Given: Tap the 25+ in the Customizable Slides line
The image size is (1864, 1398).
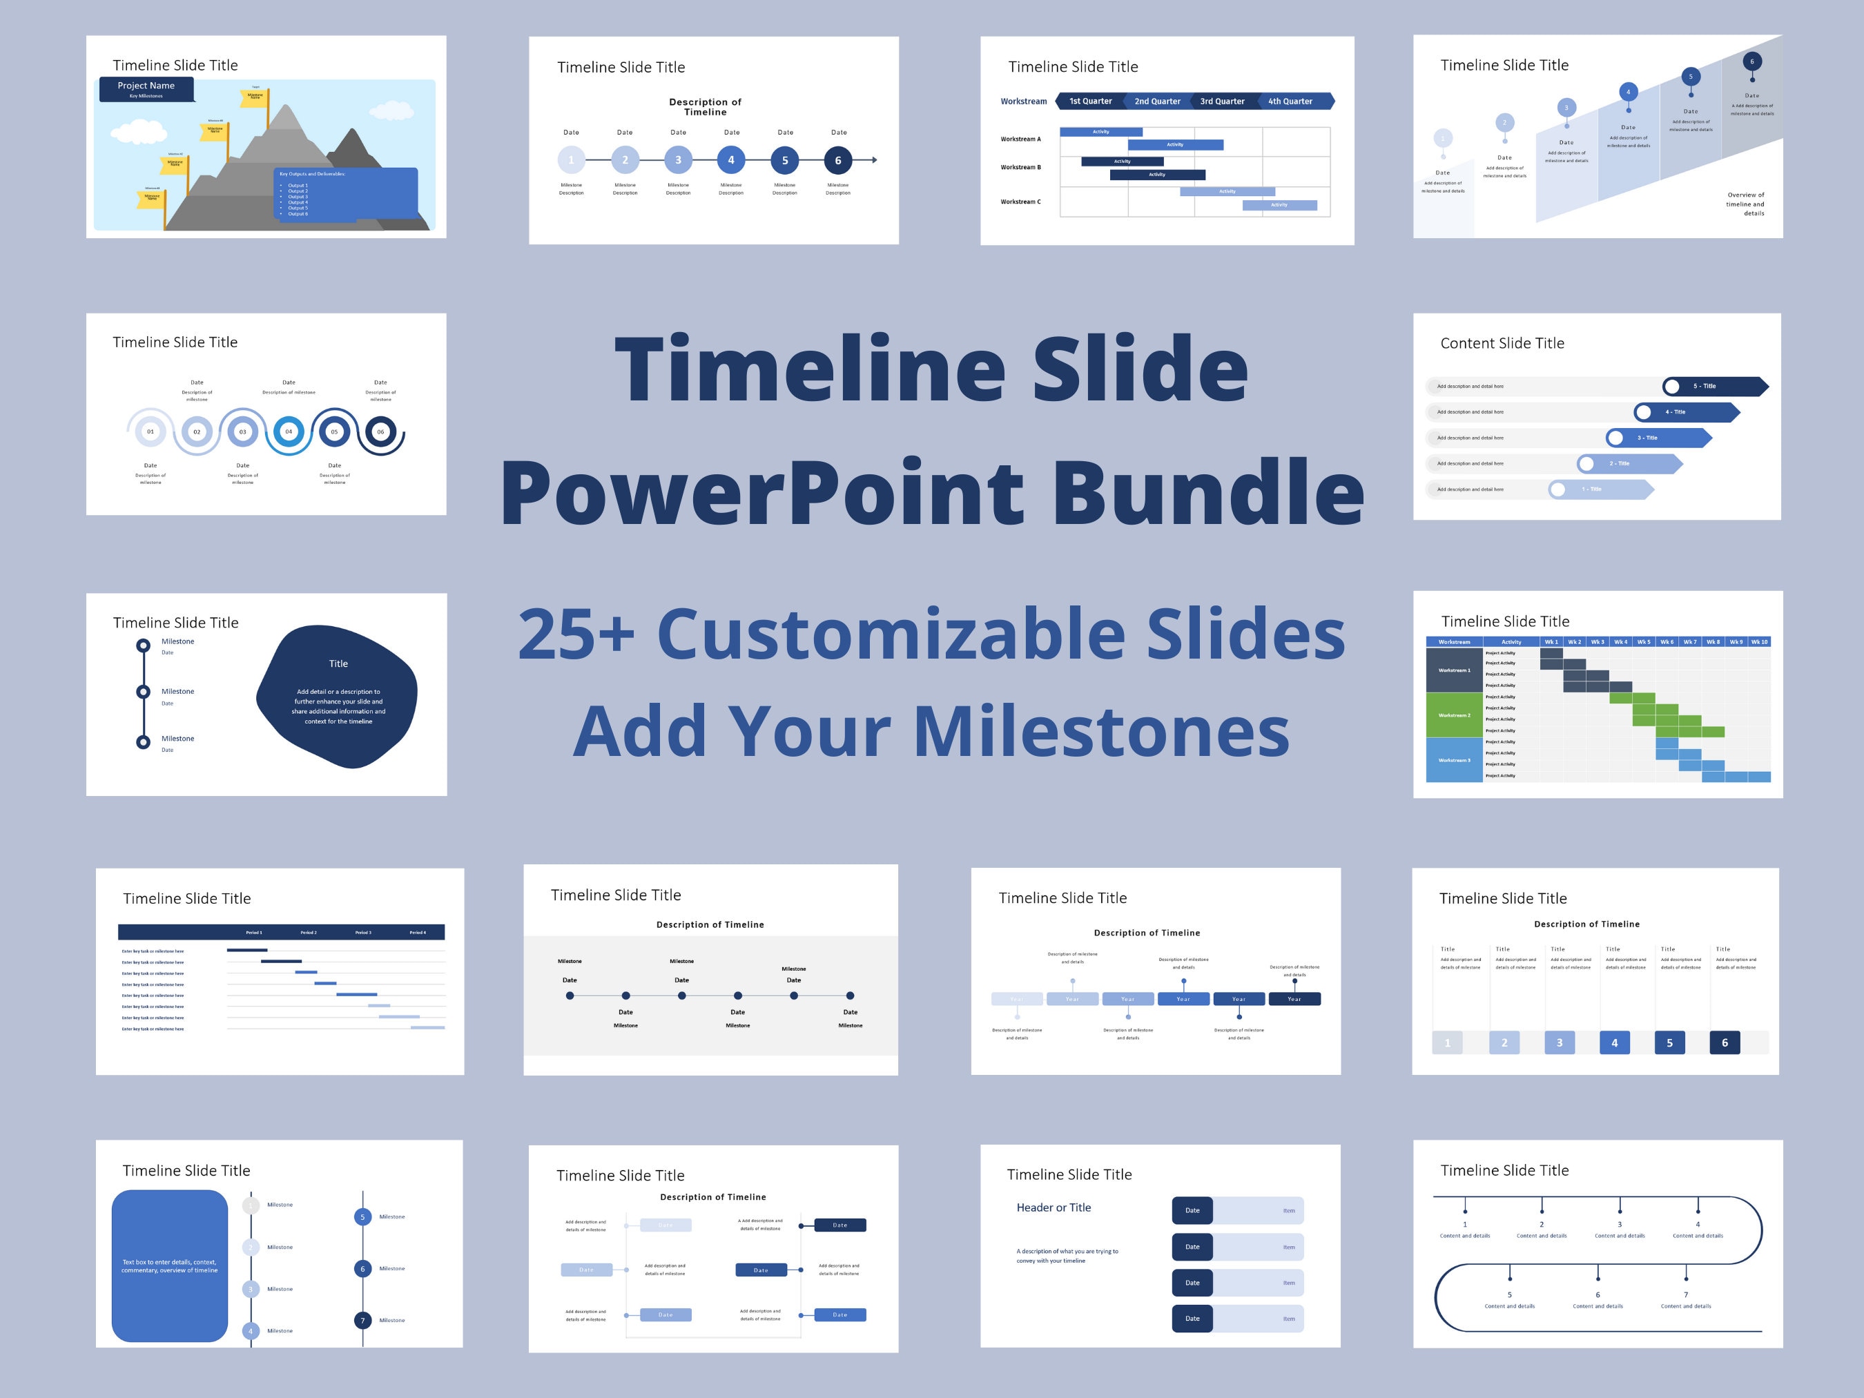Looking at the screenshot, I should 576,634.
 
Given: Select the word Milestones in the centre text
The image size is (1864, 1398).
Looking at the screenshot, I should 1100,731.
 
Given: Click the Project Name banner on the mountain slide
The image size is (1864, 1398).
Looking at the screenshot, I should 146,88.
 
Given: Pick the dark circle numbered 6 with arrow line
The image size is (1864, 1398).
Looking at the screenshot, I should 837,160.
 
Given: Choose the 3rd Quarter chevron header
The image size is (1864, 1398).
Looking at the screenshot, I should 1222,101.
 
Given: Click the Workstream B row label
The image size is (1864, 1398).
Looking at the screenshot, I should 1020,167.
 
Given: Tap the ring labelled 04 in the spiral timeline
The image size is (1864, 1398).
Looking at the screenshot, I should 288,431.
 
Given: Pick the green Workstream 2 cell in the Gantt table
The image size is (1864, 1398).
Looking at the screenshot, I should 1454,715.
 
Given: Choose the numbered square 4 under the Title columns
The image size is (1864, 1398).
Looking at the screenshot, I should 1613,1042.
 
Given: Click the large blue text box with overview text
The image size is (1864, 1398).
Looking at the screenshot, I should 169,1265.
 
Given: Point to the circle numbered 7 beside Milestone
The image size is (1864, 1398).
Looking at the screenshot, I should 363,1321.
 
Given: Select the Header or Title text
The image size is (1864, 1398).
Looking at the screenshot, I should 1054,1207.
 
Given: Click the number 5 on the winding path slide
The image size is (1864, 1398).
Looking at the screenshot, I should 1509,1294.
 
